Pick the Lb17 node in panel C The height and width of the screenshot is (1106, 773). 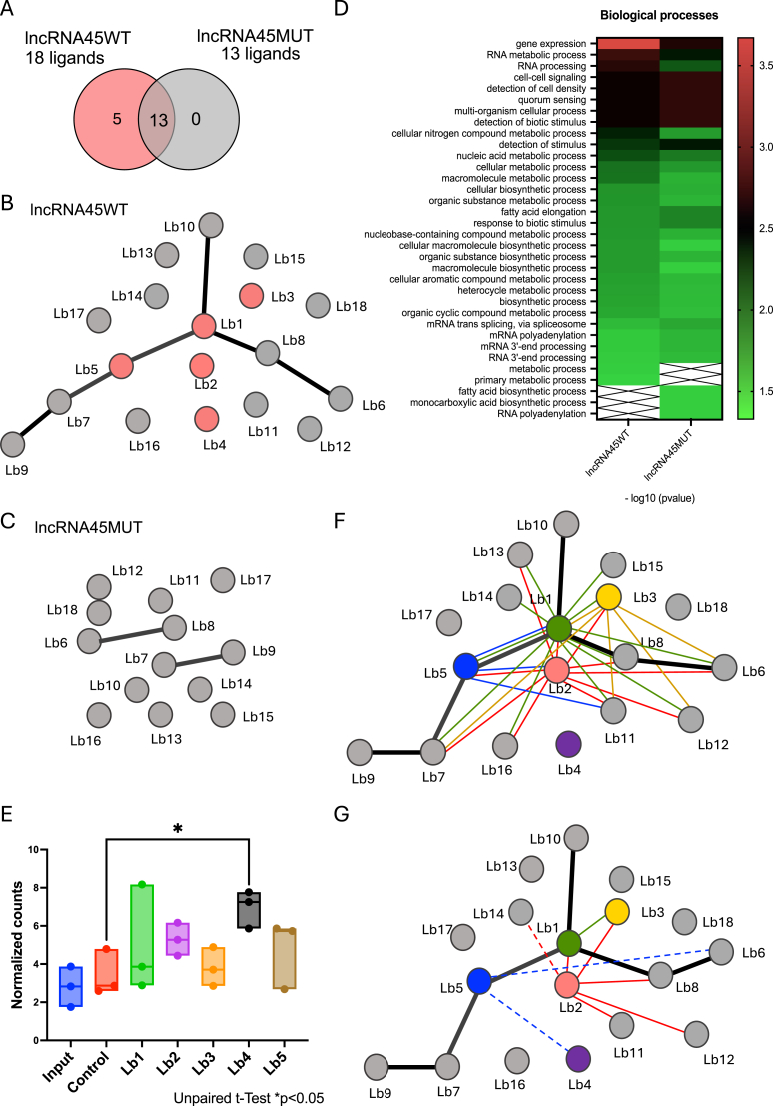coord(222,580)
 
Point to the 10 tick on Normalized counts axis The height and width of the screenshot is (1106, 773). coord(32,850)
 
